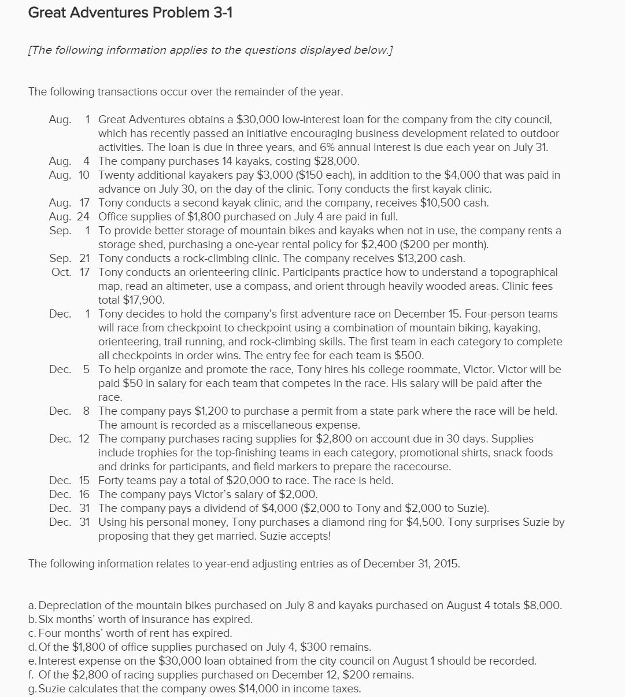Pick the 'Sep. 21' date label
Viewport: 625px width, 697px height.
point(69,258)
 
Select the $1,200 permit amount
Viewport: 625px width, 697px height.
point(199,411)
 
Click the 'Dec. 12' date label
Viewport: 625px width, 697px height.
point(69,438)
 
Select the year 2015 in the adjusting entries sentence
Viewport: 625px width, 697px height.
point(446,563)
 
